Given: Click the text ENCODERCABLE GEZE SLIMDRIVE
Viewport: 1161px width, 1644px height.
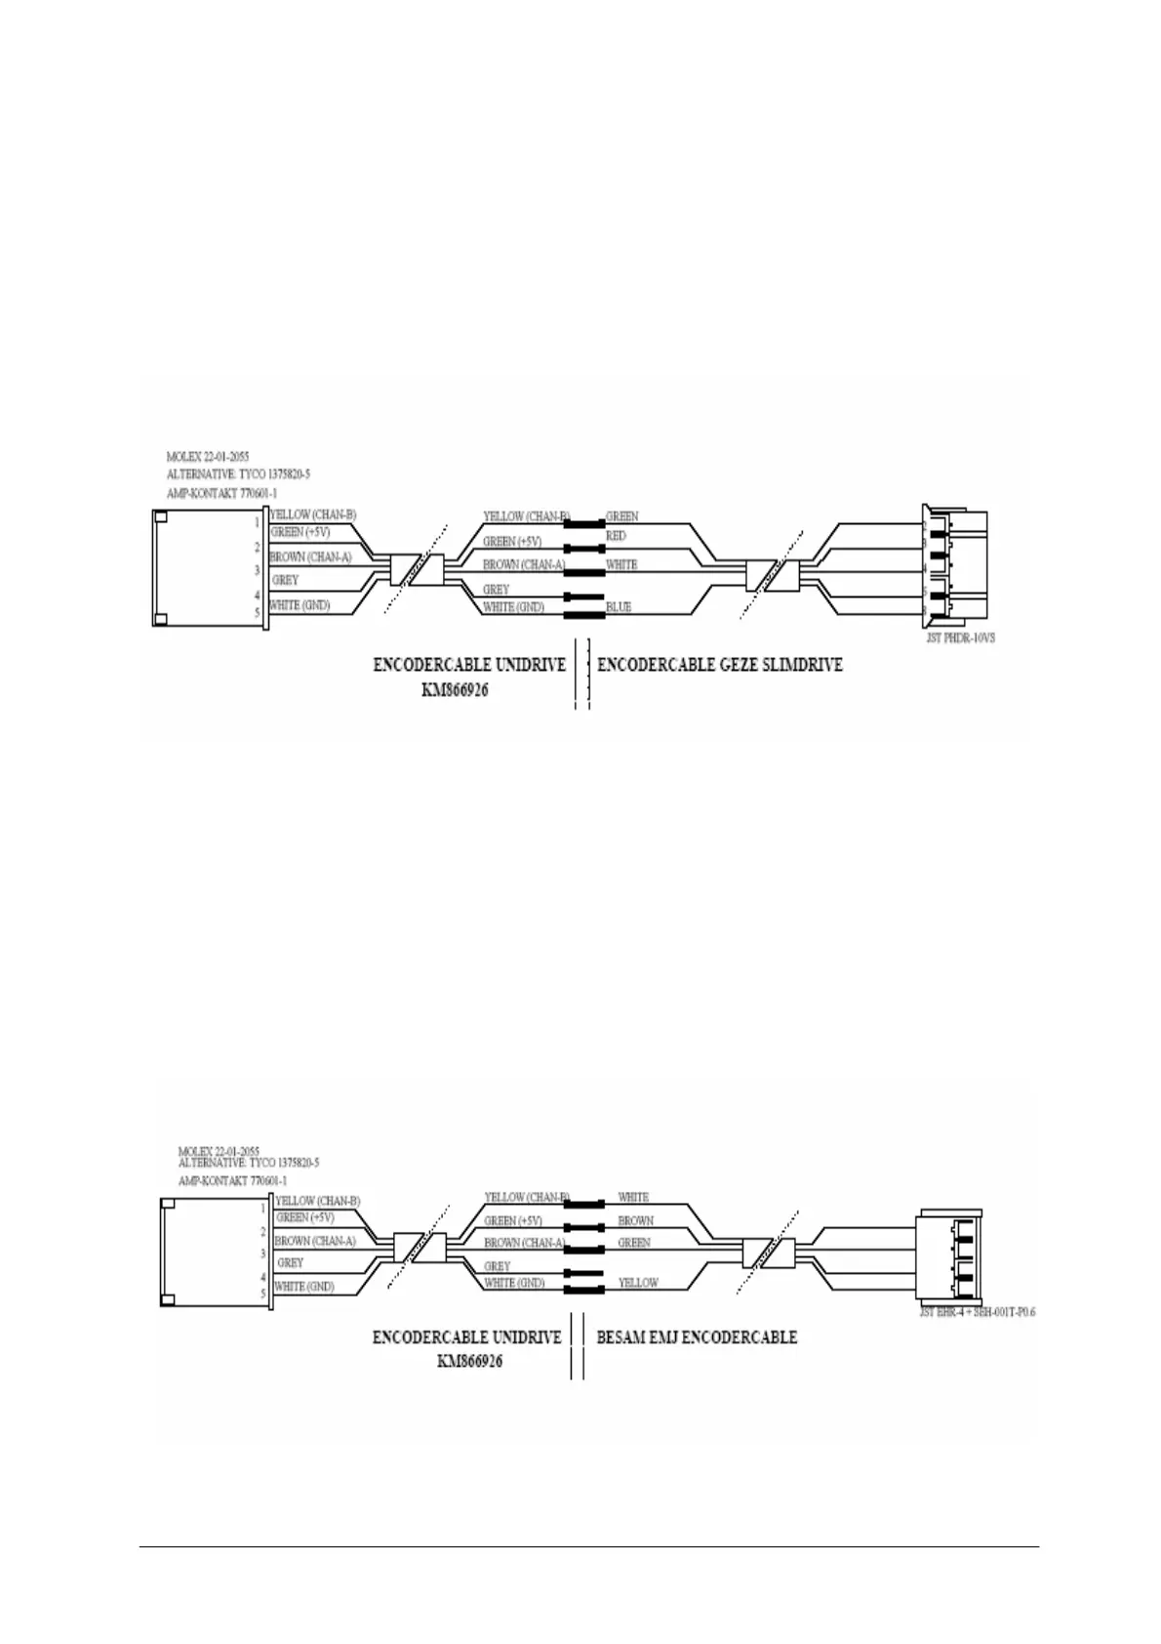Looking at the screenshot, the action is coord(720,665).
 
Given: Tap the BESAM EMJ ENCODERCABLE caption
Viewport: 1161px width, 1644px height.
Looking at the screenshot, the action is coord(697,1336).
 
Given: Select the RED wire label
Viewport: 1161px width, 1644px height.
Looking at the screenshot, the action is coord(617,536).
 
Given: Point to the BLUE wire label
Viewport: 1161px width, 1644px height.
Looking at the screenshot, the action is coord(619,607).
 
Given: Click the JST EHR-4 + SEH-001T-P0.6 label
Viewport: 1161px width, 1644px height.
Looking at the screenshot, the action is coord(977,1312).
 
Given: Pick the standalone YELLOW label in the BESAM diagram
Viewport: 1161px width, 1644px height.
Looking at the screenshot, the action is coord(638,1283).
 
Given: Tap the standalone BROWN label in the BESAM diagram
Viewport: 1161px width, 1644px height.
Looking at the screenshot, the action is coord(635,1220).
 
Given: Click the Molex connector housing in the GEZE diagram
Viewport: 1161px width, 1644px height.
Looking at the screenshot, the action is coord(209,568).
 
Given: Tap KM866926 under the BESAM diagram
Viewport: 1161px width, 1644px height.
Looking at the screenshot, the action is coord(469,1361).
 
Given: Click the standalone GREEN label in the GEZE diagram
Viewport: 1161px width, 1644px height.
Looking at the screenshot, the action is coord(622,515).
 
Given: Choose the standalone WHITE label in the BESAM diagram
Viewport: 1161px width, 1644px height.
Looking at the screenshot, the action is coord(633,1197).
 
